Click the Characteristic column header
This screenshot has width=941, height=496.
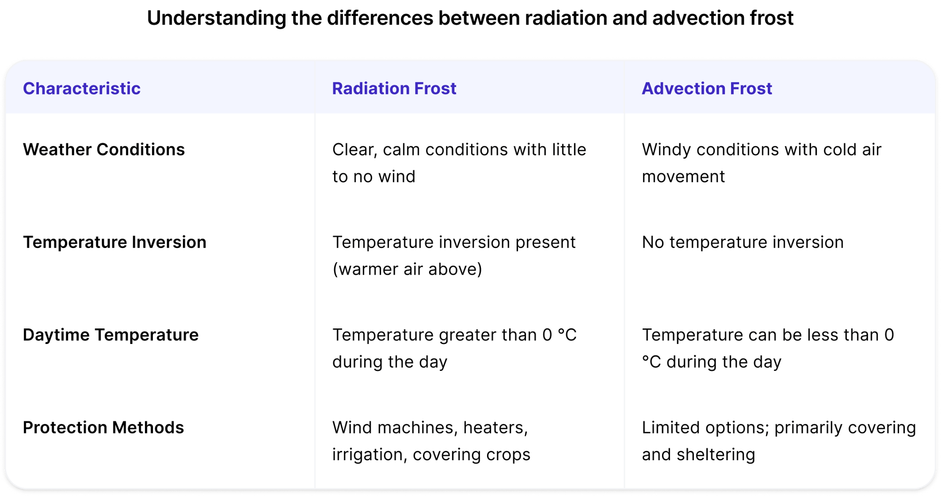coord(81,88)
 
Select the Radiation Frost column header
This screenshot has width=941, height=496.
coord(394,88)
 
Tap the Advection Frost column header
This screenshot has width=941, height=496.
coord(707,88)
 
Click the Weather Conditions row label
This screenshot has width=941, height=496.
coord(104,150)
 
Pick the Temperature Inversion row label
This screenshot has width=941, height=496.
coord(114,242)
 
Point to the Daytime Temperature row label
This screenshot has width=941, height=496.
coord(111,335)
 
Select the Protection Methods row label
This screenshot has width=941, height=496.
coord(103,428)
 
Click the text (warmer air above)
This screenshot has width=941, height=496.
coord(407,269)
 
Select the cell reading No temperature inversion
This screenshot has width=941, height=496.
coord(742,242)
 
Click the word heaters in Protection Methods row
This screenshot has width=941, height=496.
coord(495,428)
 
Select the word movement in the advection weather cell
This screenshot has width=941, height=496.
coord(683,176)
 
